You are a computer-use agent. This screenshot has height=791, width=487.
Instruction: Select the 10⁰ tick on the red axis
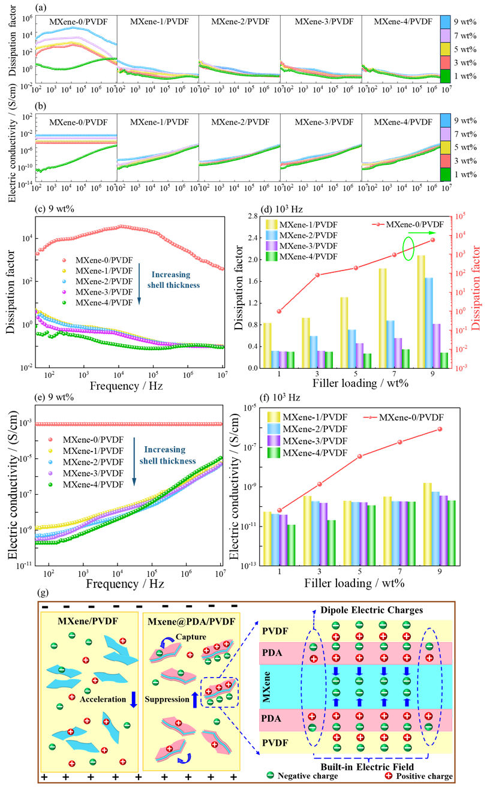click(x=461, y=311)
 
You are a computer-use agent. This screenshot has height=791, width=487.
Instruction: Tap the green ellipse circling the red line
click(x=408, y=248)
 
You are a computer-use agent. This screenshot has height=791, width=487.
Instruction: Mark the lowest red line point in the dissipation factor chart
click(x=279, y=311)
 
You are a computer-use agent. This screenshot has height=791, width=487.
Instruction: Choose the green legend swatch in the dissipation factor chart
click(x=272, y=256)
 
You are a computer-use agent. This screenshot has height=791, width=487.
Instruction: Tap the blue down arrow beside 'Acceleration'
click(x=134, y=699)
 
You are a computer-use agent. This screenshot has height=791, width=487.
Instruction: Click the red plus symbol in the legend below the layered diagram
click(x=388, y=775)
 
